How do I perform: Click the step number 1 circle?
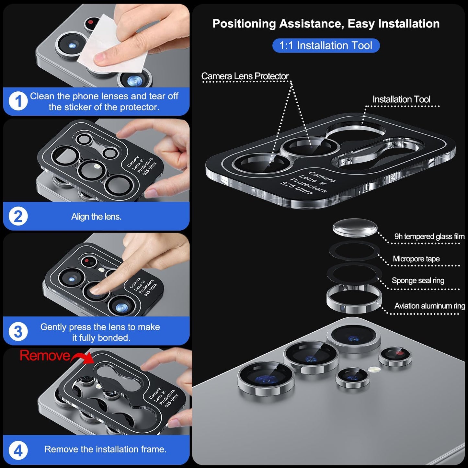[x=18, y=101]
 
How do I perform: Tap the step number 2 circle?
[x=18, y=216]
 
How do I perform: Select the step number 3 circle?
[x=18, y=332]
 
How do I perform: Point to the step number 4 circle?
[x=18, y=450]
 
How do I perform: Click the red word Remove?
[x=45, y=356]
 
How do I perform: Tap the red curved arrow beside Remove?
[x=83, y=358]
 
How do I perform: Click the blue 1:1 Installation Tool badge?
[x=326, y=45]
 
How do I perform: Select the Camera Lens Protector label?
[x=245, y=76]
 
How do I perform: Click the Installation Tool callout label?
[x=401, y=99]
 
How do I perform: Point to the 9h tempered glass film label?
[x=429, y=236]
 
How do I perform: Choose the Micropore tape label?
[x=416, y=259]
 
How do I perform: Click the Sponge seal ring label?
[x=418, y=280]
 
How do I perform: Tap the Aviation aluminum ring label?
[x=429, y=306]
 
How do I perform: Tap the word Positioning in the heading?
[x=244, y=24]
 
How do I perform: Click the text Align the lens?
[x=96, y=217]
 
